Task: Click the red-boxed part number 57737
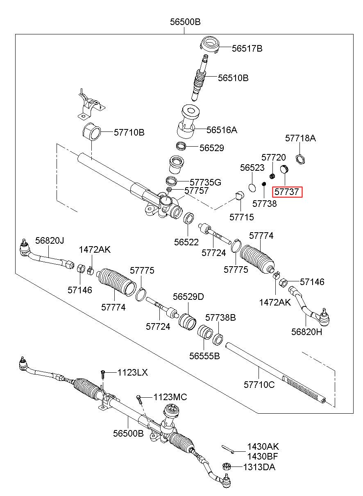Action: (287, 192)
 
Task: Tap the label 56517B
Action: (247, 48)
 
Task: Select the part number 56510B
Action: (233, 78)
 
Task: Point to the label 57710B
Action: (129, 133)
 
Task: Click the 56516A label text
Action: (222, 130)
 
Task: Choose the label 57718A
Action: (300, 138)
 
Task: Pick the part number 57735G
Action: (206, 182)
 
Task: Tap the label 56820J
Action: (50, 240)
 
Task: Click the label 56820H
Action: (306, 332)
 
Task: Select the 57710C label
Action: (259, 385)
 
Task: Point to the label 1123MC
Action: (170, 397)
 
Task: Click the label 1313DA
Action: (259, 467)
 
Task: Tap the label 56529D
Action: (188, 297)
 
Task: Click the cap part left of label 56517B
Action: (209, 45)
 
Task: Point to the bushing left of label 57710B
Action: (92, 131)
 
